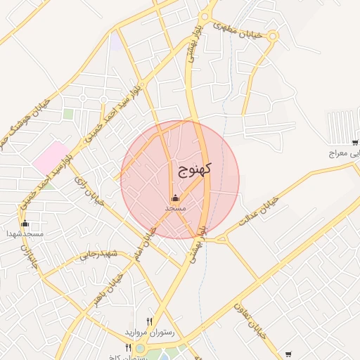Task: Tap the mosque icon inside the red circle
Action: click(x=175, y=198)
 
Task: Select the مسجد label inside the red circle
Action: click(x=175, y=208)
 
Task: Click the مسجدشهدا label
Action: click(x=25, y=233)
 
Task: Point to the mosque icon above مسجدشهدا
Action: click(x=25, y=223)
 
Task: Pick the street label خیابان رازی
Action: click(x=89, y=191)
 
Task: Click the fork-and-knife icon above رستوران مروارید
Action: click(x=148, y=321)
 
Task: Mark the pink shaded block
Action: click(x=49, y=158)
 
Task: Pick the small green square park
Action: click(x=68, y=113)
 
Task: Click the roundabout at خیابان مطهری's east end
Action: click(x=273, y=35)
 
